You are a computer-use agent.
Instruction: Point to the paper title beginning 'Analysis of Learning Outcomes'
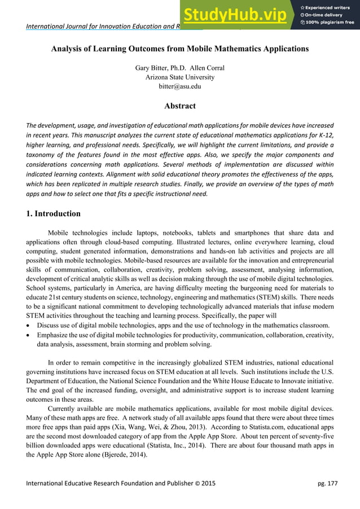tap(180, 49)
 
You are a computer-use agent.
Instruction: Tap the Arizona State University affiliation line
tap(180, 77)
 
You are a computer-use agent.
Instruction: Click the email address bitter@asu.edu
tap(180, 86)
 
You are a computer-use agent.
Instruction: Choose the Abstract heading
tap(180, 106)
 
